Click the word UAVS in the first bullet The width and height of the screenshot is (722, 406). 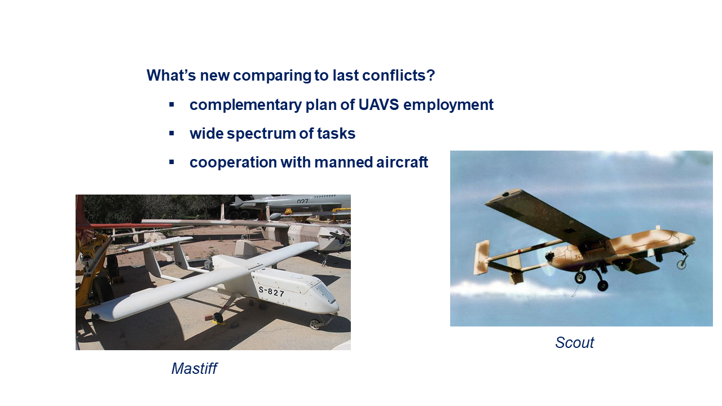pyautogui.click(x=378, y=105)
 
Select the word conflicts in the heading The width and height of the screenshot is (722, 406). pyautogui.click(x=399, y=76)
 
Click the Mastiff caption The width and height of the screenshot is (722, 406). pyautogui.click(x=195, y=369)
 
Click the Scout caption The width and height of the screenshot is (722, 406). pyautogui.click(x=574, y=342)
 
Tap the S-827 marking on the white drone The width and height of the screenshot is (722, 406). pyautogui.click(x=272, y=292)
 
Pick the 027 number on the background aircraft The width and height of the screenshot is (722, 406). pyautogui.click(x=302, y=201)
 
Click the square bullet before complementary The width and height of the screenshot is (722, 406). pyautogui.click(x=171, y=104)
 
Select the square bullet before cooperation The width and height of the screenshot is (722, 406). pyautogui.click(x=171, y=162)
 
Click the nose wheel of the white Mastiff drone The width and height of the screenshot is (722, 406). pyautogui.click(x=315, y=324)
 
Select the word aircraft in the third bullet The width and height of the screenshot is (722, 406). pyautogui.click(x=402, y=162)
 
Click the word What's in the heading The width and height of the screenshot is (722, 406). pyautogui.click(x=171, y=76)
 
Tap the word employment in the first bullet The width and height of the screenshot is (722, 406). pyautogui.click(x=448, y=105)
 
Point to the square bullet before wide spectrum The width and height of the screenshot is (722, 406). pyautogui.click(x=171, y=133)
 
